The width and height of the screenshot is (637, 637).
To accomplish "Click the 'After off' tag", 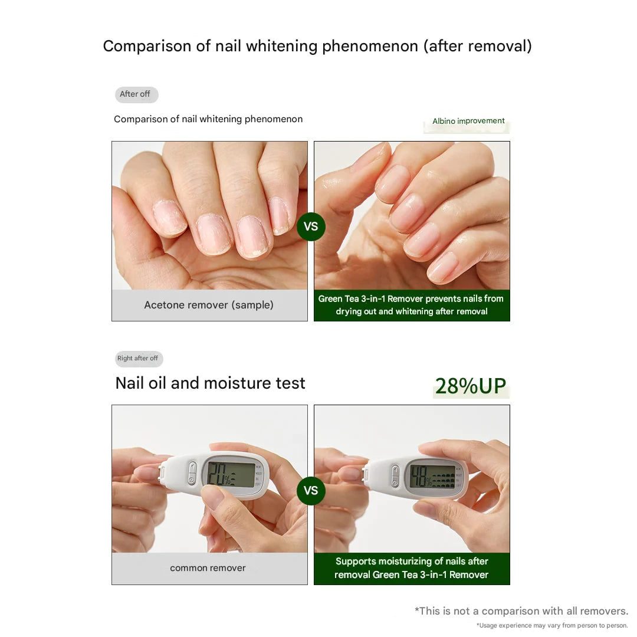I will pyautogui.click(x=136, y=94).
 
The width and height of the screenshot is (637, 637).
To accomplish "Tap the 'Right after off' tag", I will pyautogui.click(x=138, y=359).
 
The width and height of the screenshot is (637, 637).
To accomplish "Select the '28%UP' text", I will pyautogui.click(x=471, y=386).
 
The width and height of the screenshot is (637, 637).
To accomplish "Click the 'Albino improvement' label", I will pyautogui.click(x=468, y=121).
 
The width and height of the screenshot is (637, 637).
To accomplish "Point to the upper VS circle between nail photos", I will pyautogui.click(x=311, y=226).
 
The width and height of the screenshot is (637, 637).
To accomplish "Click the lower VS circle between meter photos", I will pyautogui.click(x=311, y=491).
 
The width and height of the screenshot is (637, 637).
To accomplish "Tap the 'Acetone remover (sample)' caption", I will pyautogui.click(x=209, y=305).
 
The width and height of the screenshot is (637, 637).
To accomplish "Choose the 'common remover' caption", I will pyautogui.click(x=208, y=568).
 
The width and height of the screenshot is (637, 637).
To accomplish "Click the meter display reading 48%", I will pyautogui.click(x=432, y=477).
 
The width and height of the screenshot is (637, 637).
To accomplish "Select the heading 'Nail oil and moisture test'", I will pyautogui.click(x=210, y=383).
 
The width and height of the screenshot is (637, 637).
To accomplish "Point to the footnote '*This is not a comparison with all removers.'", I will pyautogui.click(x=521, y=611).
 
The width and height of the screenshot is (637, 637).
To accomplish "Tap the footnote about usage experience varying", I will pyautogui.click(x=552, y=626).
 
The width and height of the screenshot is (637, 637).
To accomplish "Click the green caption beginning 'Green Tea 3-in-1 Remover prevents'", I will pyautogui.click(x=411, y=305).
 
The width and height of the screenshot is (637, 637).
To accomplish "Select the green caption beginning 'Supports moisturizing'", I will pyautogui.click(x=411, y=568).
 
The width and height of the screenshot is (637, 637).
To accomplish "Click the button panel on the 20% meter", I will pyautogui.click(x=192, y=474).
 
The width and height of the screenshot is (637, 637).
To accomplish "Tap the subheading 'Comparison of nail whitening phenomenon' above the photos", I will pyautogui.click(x=208, y=119).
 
